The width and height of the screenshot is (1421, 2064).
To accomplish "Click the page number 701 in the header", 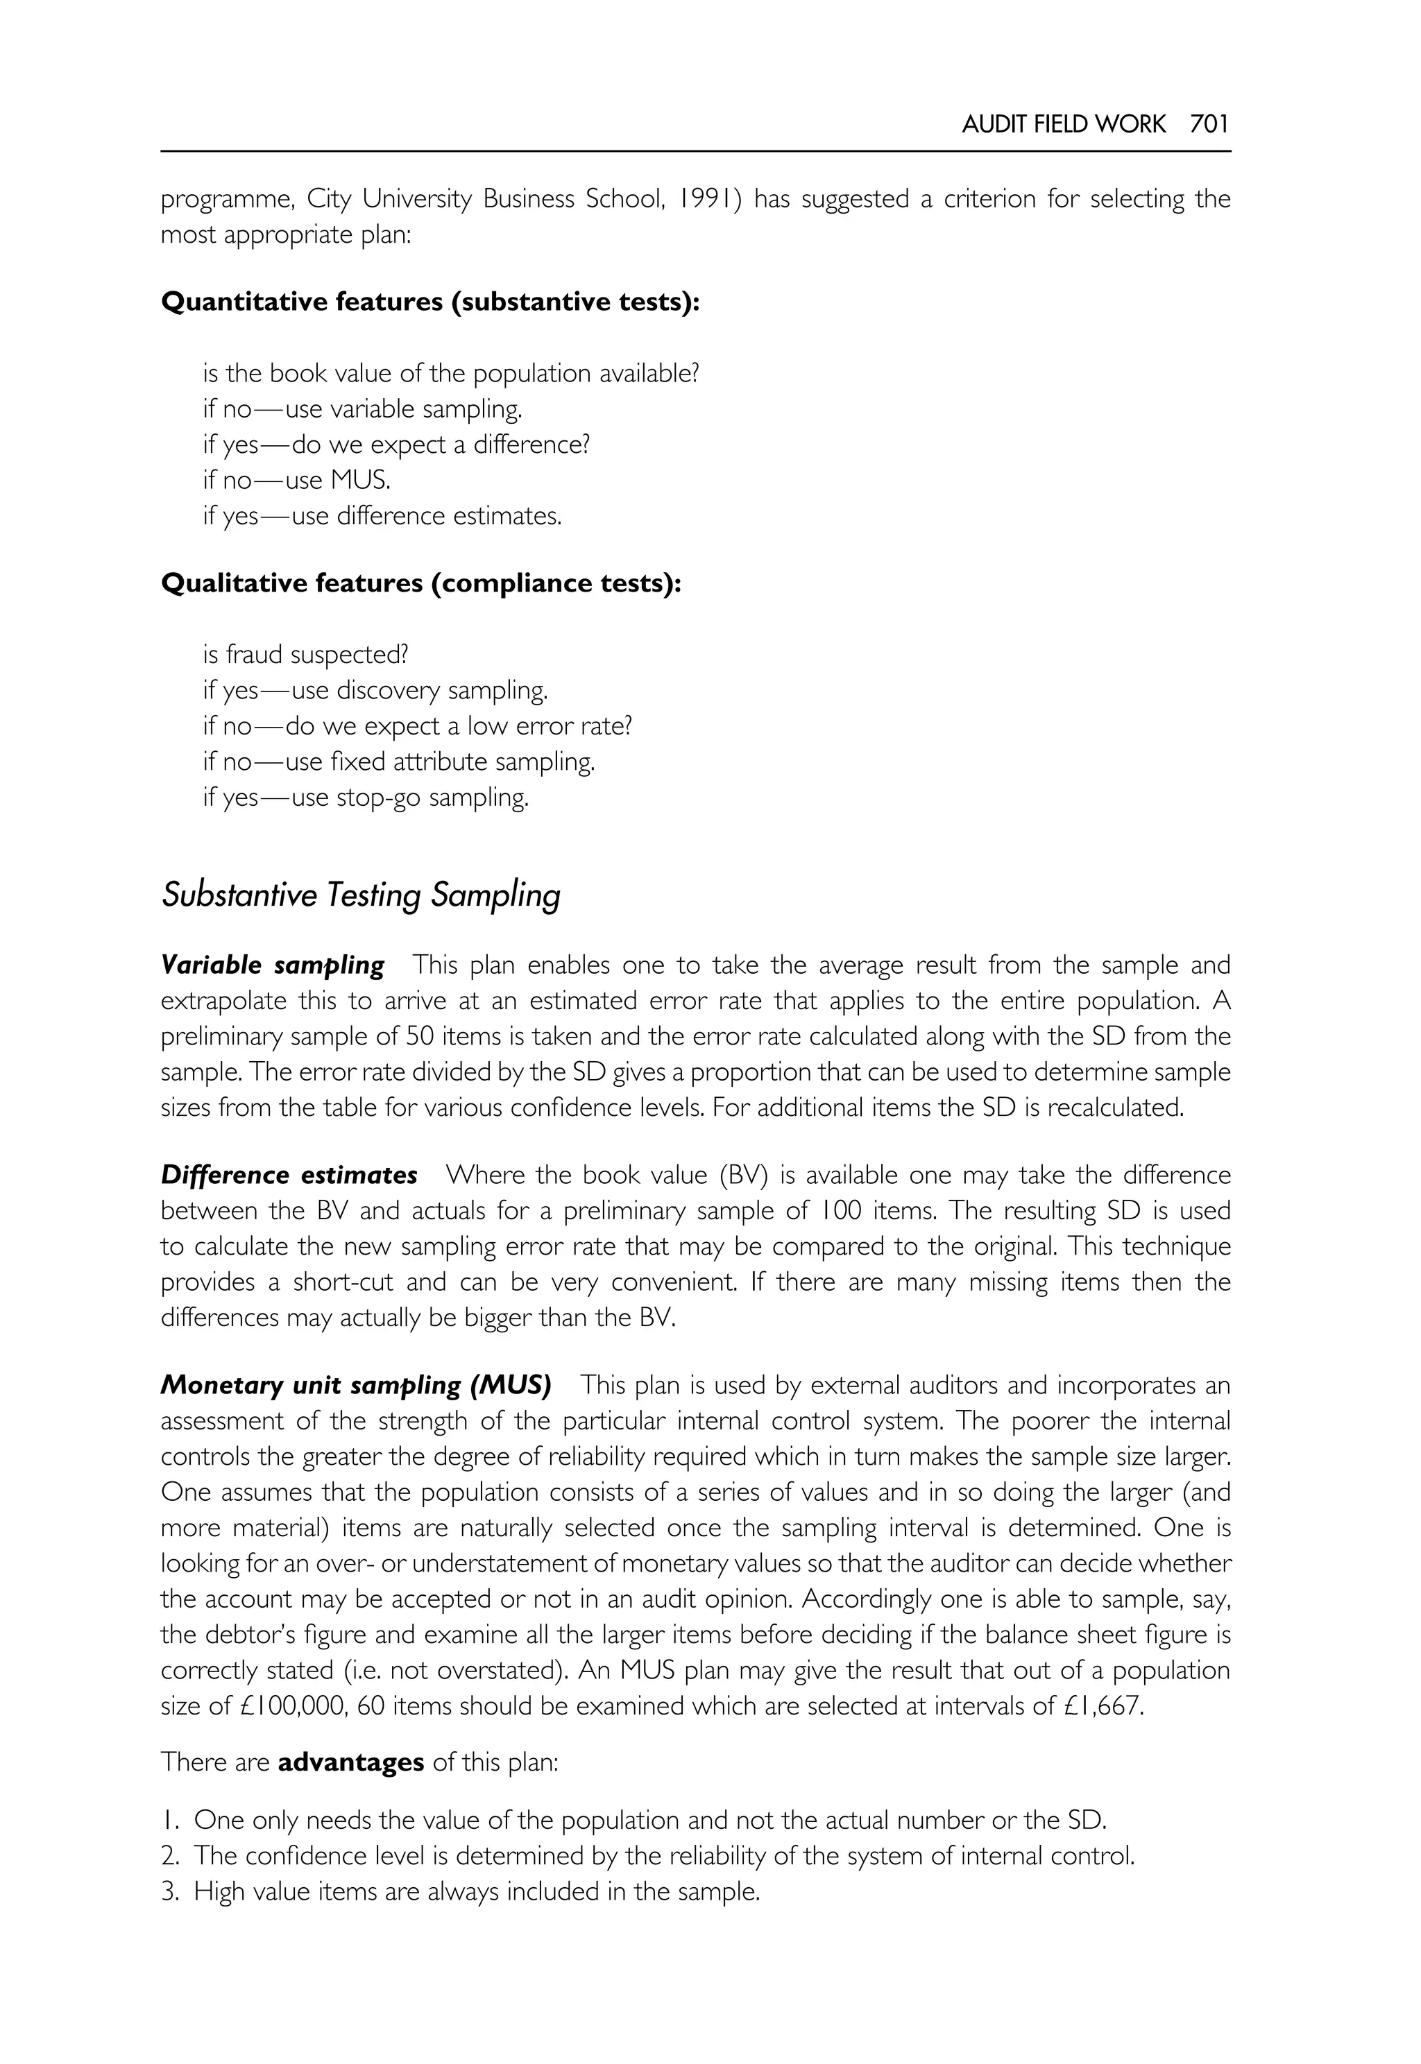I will click(1209, 123).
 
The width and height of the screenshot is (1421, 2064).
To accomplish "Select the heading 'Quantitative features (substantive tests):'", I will click(430, 302).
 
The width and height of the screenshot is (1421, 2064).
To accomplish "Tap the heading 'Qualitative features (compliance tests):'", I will click(420, 583).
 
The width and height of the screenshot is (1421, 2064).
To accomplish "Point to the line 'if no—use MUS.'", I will click(296, 480).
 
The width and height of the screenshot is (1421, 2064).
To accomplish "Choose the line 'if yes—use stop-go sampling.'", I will click(366, 797).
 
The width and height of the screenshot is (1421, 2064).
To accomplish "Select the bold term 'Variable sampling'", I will click(273, 965).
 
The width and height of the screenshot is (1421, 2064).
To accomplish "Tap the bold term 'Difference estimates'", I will click(289, 1175).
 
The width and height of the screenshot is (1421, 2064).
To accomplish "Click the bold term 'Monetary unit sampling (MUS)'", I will click(356, 1385).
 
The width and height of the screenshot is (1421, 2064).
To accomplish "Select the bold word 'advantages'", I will click(351, 1762).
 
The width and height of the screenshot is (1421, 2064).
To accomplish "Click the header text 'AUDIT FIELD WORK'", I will click(1063, 123).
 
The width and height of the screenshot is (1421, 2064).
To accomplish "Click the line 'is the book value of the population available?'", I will click(450, 373).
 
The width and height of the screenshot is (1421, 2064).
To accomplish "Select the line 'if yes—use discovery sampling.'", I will click(375, 690).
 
